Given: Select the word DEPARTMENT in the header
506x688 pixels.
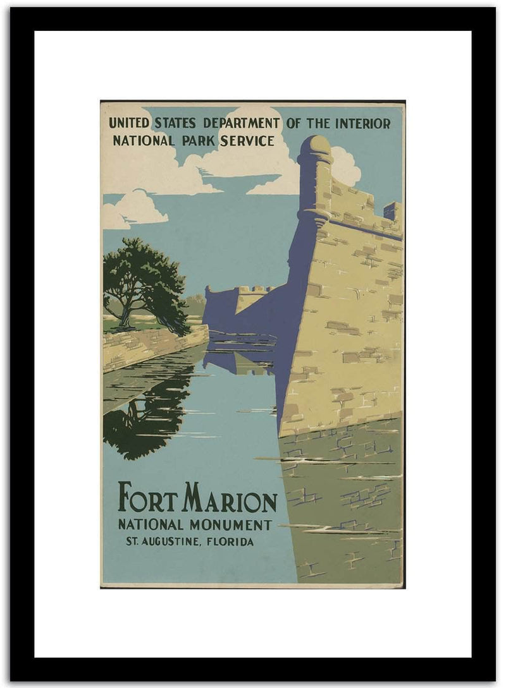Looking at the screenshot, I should point(241,123).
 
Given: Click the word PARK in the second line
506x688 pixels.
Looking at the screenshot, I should point(199,141).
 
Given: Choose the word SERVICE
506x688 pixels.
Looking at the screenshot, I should point(247,141).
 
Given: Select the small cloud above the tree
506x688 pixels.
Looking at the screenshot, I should point(136,208).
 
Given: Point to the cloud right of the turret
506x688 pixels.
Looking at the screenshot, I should point(346,166).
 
